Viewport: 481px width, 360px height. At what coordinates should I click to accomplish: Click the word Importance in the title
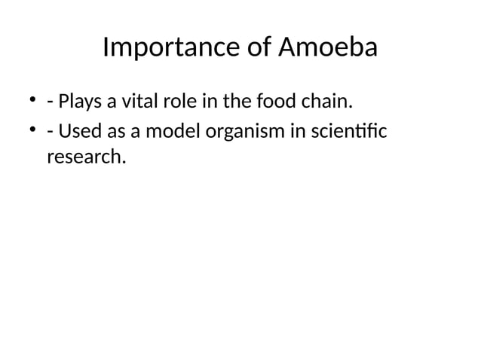170,48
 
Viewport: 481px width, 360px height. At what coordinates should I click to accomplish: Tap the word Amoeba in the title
328,48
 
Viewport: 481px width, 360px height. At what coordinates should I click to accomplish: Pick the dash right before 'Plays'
49,102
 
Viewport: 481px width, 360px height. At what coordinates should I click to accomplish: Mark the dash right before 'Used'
49,133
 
